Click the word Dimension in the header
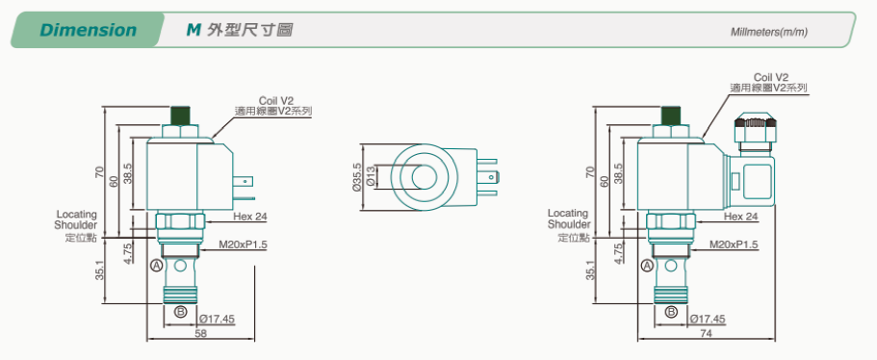[88, 30]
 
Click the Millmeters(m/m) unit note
[769, 32]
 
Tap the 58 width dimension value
[200, 333]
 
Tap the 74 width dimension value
[706, 333]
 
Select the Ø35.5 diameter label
[357, 178]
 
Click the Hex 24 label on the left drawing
[250, 217]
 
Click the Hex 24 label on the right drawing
[741, 217]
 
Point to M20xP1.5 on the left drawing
[243, 244]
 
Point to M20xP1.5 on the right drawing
[734, 244]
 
